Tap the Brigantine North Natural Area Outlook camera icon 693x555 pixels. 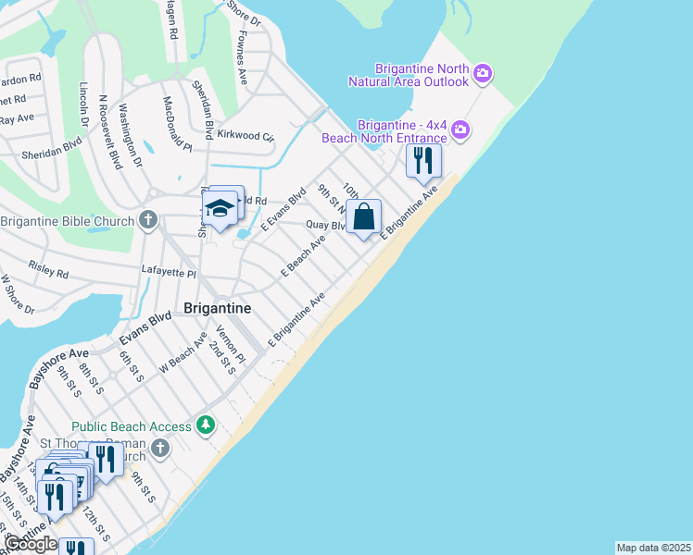point(482,73)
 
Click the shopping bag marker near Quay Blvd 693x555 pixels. point(365,217)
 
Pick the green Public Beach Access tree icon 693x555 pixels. point(205,426)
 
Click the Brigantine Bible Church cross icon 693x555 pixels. point(147,220)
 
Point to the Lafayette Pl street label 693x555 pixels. point(168,274)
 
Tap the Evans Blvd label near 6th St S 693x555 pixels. point(145,328)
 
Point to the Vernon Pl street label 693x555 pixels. point(231,344)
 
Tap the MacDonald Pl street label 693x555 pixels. point(177,124)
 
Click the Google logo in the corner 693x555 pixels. point(31,545)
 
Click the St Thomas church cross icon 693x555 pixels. point(160,450)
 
